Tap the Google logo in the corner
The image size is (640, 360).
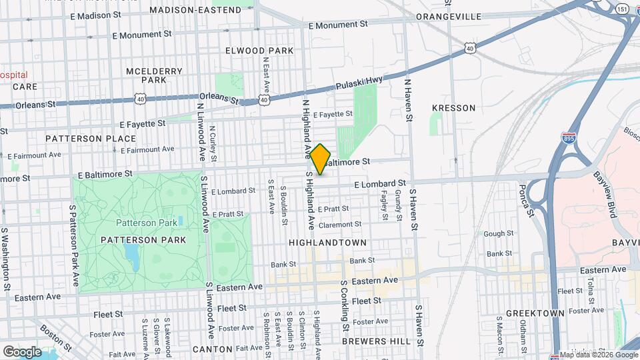pyautogui.click(x=22, y=351)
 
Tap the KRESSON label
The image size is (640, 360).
pyautogui.click(x=453, y=107)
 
